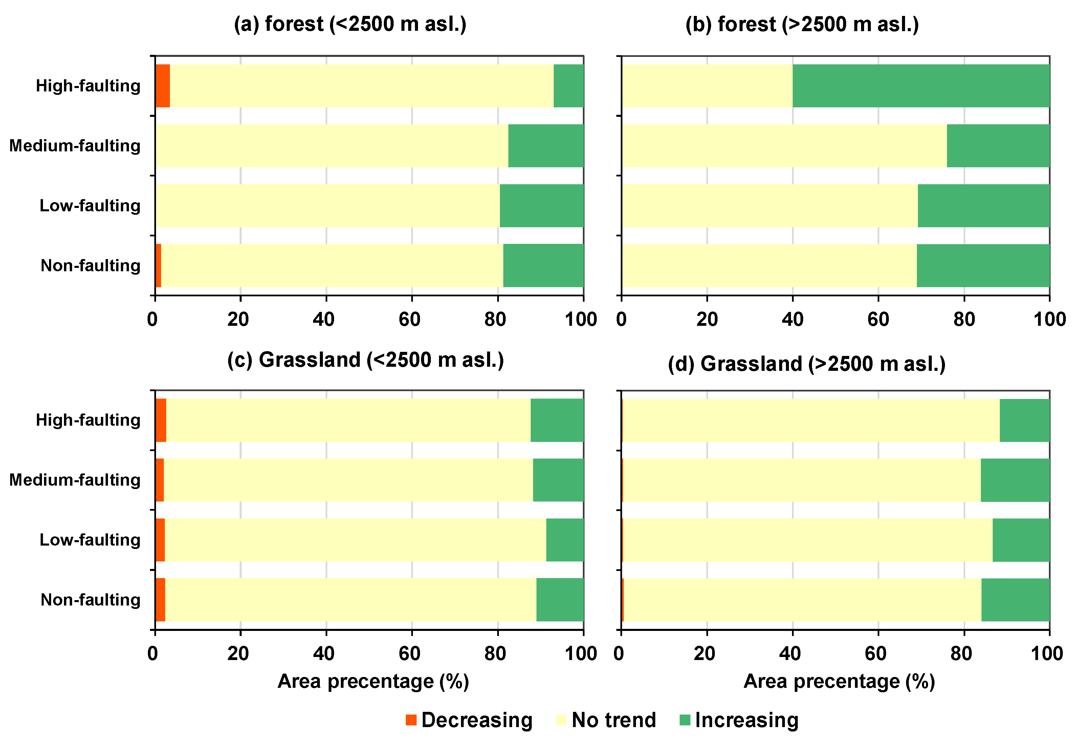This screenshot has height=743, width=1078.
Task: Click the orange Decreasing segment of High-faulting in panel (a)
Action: click(162, 86)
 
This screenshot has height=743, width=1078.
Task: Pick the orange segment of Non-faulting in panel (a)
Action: click(158, 266)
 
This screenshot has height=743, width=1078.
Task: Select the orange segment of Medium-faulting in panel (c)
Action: click(159, 480)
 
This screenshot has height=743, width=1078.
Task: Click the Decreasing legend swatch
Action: click(411, 720)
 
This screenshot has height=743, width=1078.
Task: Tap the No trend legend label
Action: click(613, 720)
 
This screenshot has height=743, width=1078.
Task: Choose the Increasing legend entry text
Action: click(746, 720)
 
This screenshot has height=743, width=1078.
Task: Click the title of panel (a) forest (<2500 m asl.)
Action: click(350, 24)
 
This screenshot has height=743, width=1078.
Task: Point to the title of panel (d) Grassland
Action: click(806, 364)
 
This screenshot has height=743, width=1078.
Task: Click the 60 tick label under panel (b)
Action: click(878, 319)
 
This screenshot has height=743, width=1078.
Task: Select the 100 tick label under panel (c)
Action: click(581, 654)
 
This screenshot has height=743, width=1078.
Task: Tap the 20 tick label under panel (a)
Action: click(238, 319)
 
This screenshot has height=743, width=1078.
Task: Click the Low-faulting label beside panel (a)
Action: click(90, 205)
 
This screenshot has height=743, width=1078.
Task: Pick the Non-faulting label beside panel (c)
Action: click(90, 600)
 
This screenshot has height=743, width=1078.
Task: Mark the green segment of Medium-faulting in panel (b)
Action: click(998, 146)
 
